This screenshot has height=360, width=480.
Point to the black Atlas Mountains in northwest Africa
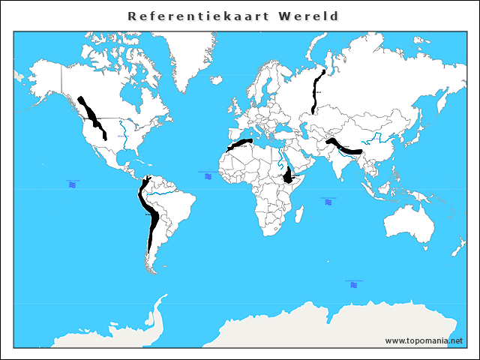241,144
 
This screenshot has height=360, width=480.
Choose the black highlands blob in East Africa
288,176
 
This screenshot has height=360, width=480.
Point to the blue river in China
379,139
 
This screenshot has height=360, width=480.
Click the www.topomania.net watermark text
424,341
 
